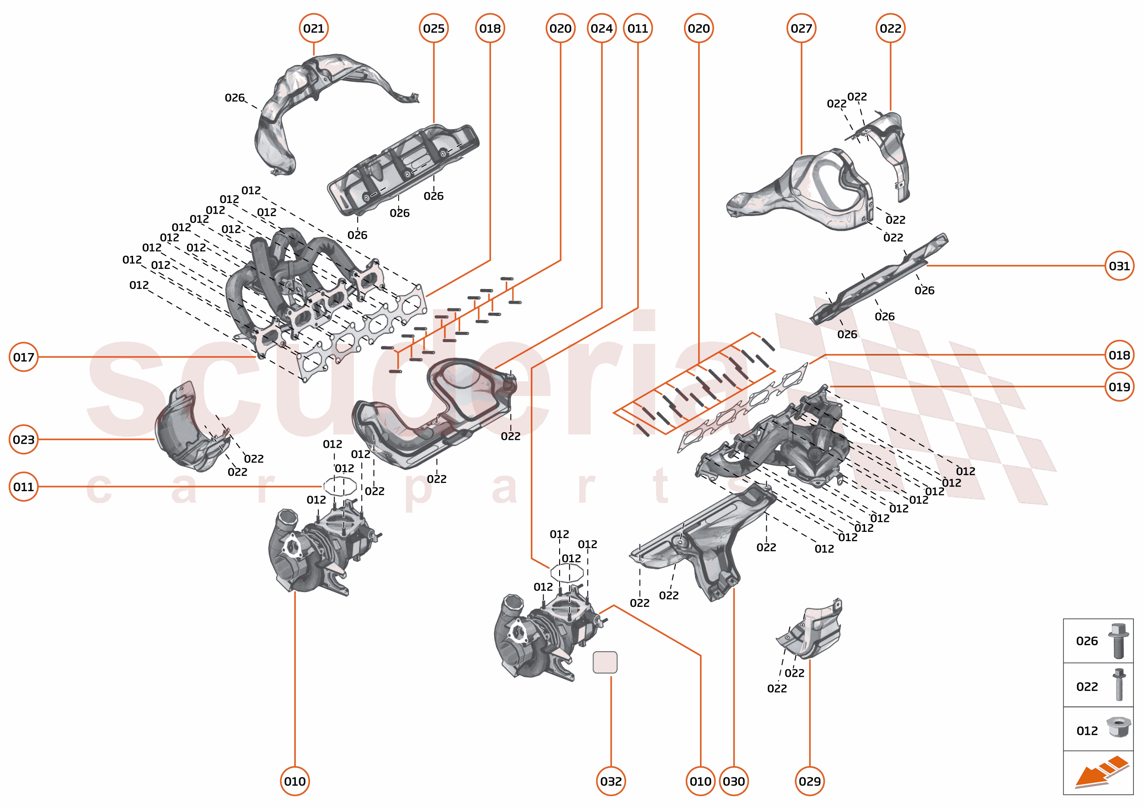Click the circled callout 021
pyautogui.click(x=313, y=28)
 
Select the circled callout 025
pyautogui.click(x=433, y=28)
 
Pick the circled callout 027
pyautogui.click(x=801, y=28)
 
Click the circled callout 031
pyautogui.click(x=1119, y=266)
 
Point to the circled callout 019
pyautogui.click(x=1119, y=386)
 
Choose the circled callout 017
pyautogui.click(x=23, y=357)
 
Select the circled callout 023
pyautogui.click(x=23, y=439)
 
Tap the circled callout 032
pyautogui.click(x=611, y=781)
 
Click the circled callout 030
pyautogui.click(x=734, y=781)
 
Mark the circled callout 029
pyautogui.click(x=809, y=781)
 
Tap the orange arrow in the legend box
pyautogui.click(x=1100, y=772)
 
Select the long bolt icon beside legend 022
pyautogui.click(x=1119, y=685)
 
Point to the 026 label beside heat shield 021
pyautogui.click(x=234, y=98)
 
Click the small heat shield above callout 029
pyautogui.click(x=812, y=630)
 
